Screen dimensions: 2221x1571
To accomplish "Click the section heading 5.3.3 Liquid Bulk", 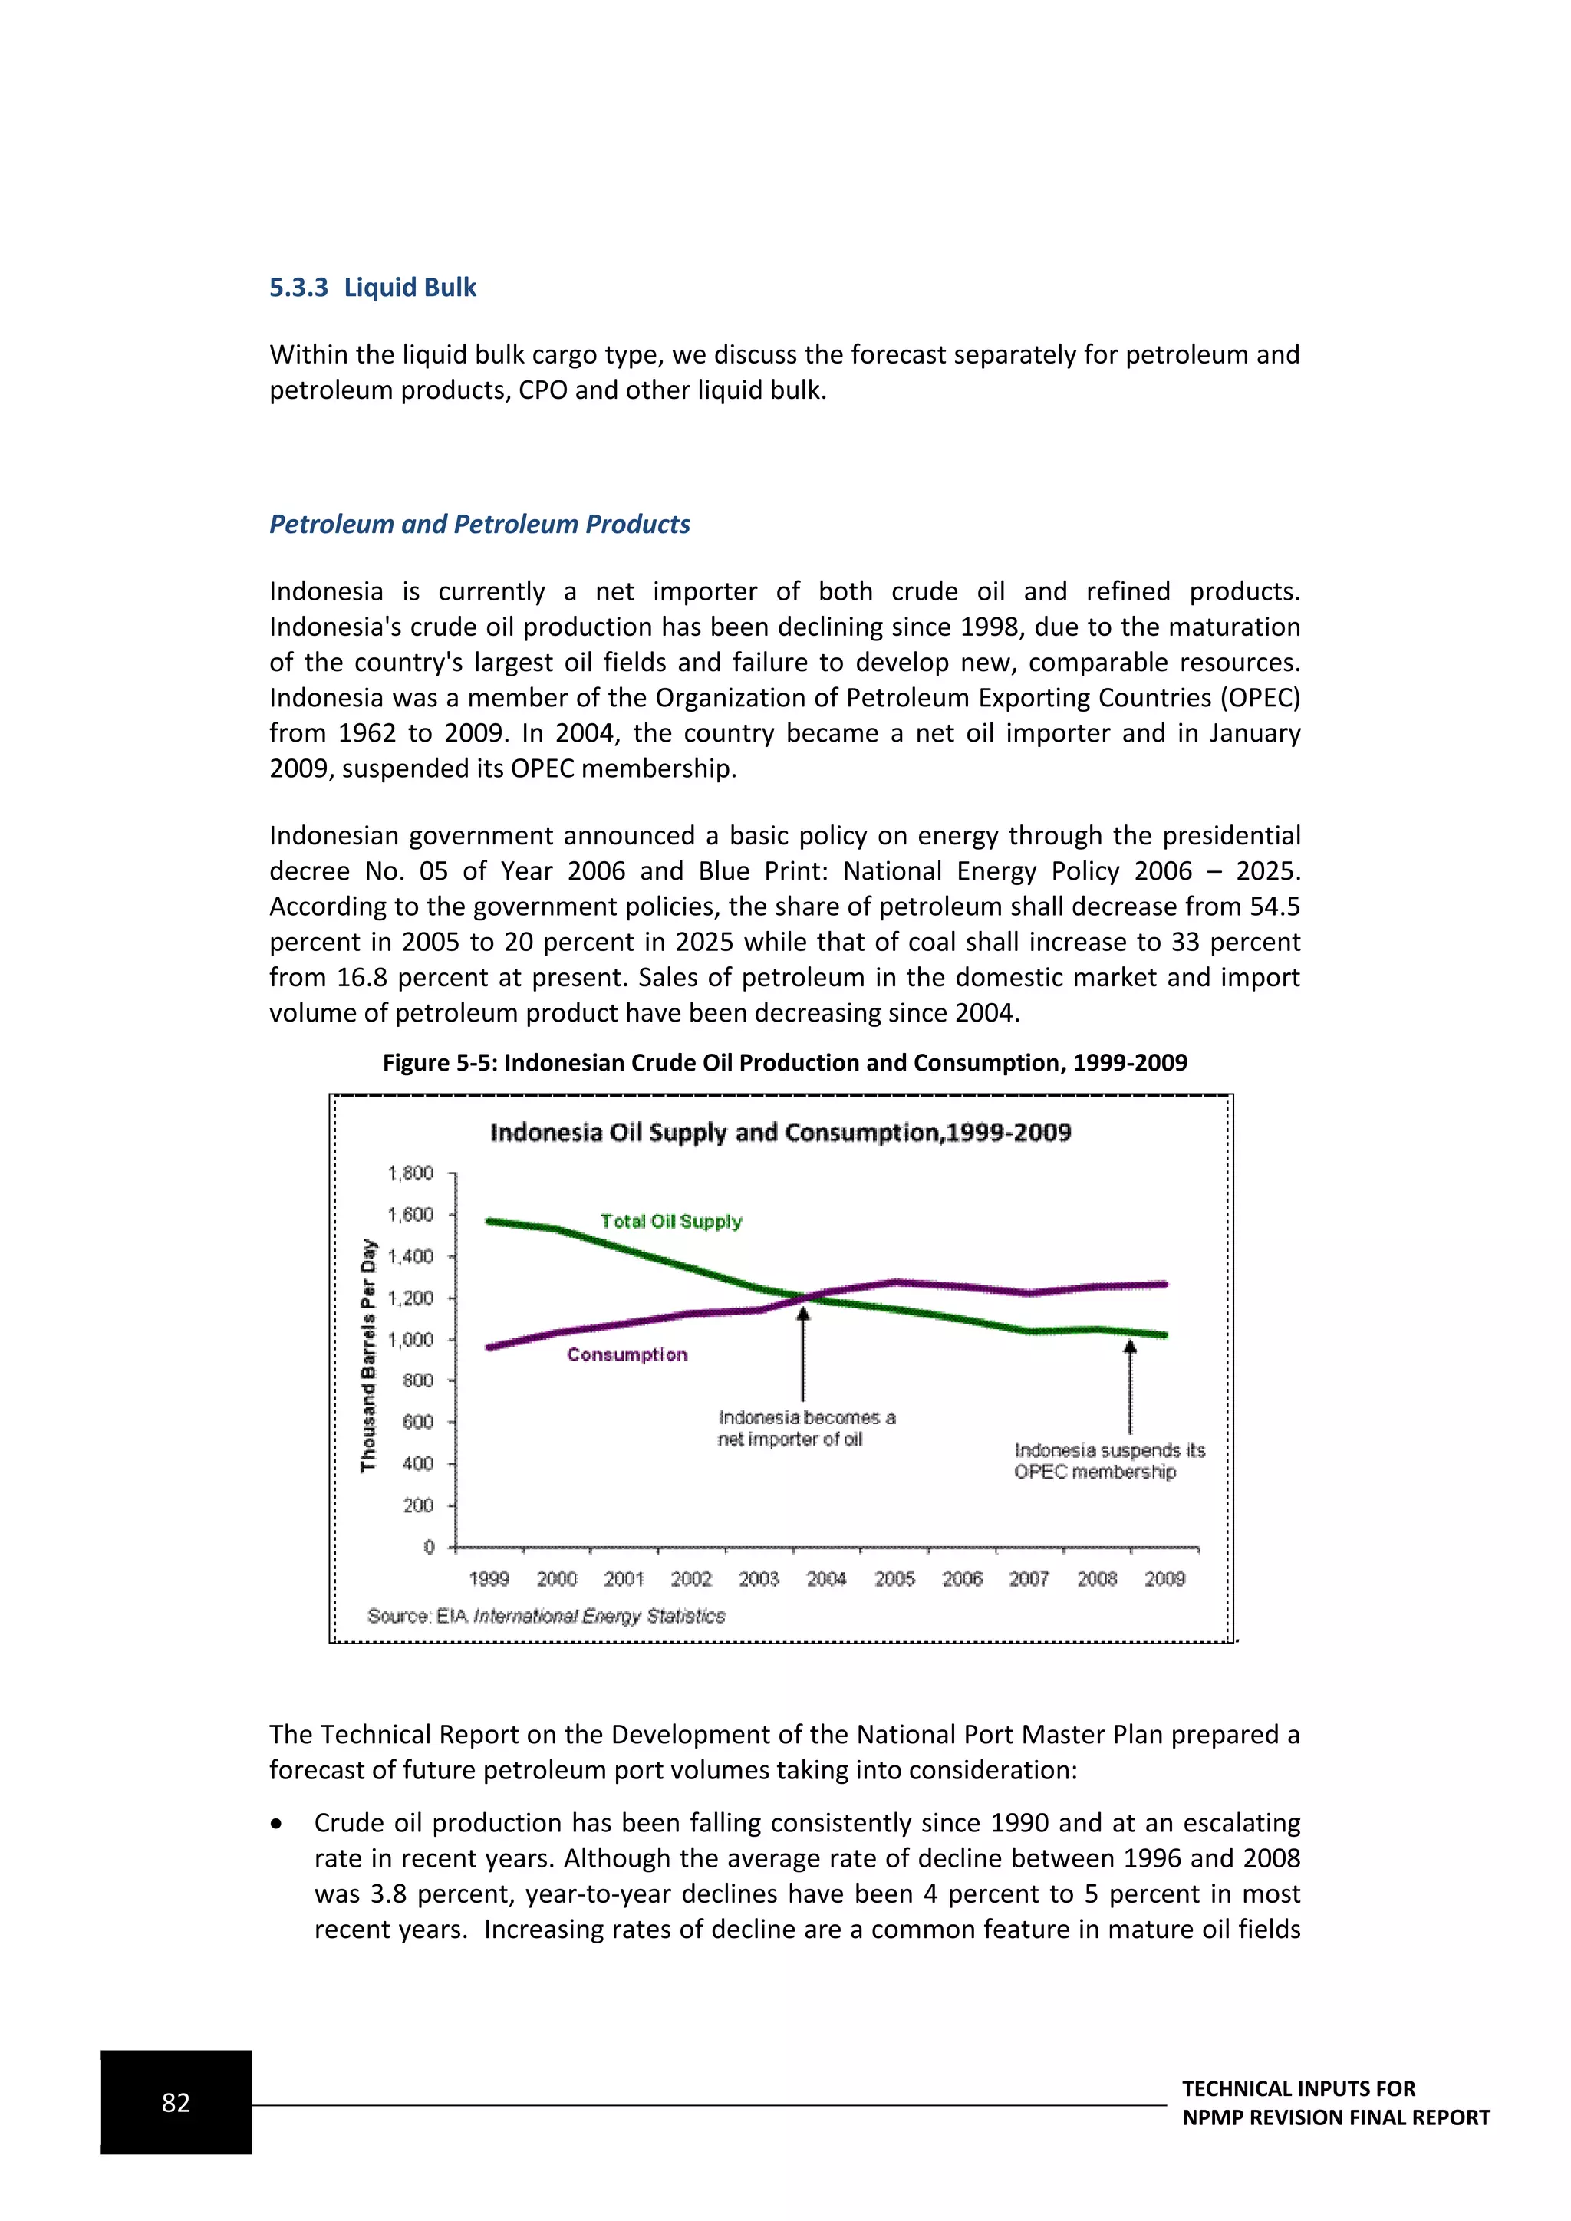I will coord(373,288).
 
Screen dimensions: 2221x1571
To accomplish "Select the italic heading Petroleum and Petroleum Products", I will coord(479,525).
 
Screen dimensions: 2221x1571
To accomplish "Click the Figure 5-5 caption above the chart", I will coord(785,1062).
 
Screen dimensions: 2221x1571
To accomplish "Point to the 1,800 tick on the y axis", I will coord(410,1173).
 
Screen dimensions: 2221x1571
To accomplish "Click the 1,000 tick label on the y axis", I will coord(410,1340).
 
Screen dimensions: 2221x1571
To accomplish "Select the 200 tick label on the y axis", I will coord(417,1505).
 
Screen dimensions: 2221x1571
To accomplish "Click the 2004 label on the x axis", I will coord(826,1578).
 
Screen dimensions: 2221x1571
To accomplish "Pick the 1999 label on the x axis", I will coord(489,1578).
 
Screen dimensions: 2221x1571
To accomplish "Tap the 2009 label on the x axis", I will coord(1164,1578).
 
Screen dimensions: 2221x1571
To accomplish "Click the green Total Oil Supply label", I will coord(670,1221).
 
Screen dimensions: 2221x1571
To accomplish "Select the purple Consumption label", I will coord(627,1354).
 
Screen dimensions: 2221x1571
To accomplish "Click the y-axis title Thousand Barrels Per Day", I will coord(367,1354).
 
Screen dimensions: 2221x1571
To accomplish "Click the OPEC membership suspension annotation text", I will coord(1108,1461).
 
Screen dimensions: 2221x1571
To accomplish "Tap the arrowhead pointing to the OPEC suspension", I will coord(1130,1347).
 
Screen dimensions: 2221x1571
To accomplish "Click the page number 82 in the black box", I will coord(176,2102).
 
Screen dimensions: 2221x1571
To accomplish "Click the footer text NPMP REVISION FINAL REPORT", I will coord(1335,2117).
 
